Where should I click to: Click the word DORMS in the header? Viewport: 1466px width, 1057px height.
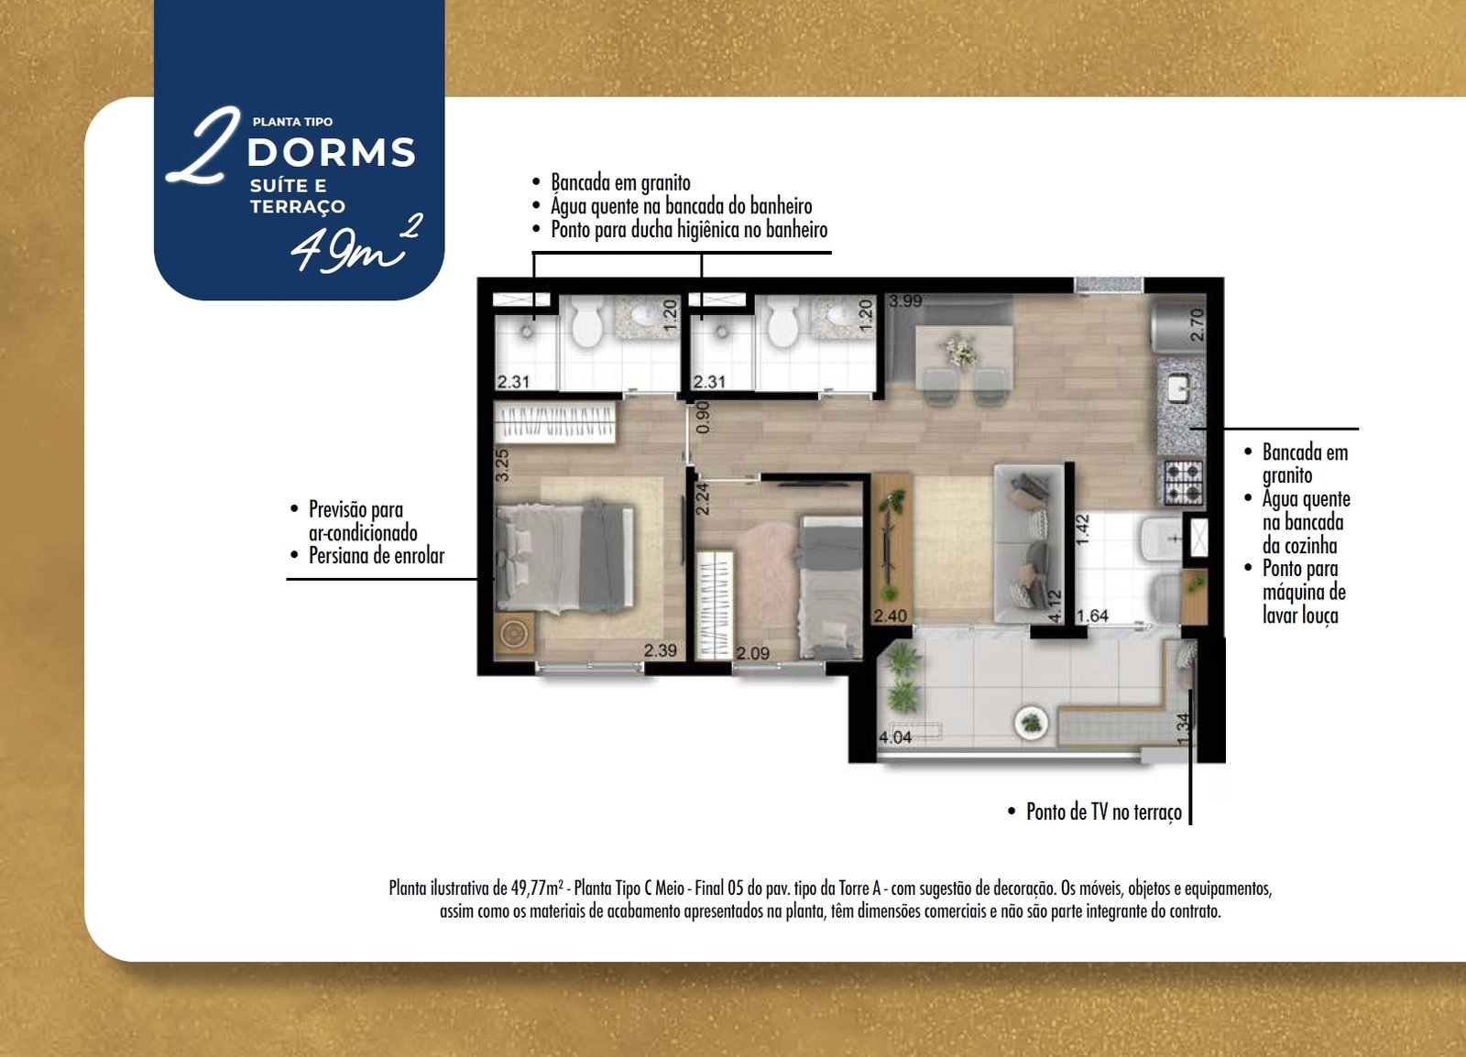[x=331, y=152]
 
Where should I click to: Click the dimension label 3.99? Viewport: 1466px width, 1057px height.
[x=906, y=300]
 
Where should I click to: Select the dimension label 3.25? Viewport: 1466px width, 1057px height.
[x=502, y=465]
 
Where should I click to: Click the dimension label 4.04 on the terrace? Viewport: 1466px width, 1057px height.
[x=894, y=737]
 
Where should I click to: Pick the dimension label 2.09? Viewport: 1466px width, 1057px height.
[x=752, y=653]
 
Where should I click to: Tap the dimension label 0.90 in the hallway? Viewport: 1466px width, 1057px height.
[x=702, y=418]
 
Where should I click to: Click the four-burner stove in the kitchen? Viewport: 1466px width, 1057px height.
[x=1183, y=483]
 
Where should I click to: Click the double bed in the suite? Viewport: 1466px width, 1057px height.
[x=564, y=557]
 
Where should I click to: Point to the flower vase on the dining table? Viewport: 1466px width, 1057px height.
[x=960, y=351]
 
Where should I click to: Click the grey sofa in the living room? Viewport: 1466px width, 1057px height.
[x=1029, y=543]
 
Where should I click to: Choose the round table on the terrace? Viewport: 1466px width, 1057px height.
[x=1031, y=723]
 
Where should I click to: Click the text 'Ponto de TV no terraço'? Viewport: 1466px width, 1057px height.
[x=1104, y=812]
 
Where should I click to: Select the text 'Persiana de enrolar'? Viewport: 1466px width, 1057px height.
[x=377, y=555]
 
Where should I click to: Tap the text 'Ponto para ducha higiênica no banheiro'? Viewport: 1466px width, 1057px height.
[x=689, y=230]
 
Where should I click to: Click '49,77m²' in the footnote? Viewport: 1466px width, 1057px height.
[x=537, y=888]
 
